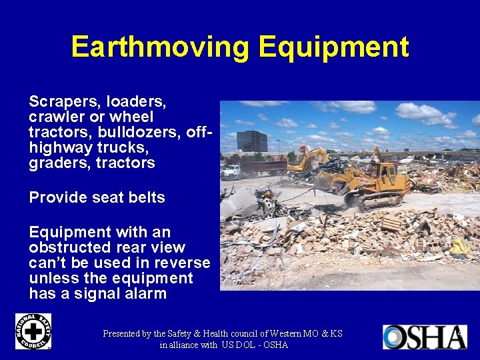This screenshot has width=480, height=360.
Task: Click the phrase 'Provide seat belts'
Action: (x=97, y=198)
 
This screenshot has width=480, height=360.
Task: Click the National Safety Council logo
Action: (x=33, y=331)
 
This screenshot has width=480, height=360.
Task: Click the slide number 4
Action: (x=459, y=331)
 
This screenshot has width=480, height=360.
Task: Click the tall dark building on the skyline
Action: (x=251, y=141)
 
